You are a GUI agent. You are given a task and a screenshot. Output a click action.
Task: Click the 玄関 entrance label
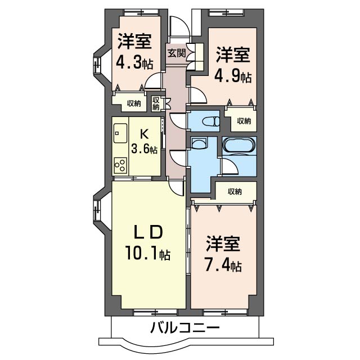176,53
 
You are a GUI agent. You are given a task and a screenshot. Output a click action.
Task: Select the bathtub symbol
239,146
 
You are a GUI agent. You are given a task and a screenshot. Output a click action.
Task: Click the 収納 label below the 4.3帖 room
133,103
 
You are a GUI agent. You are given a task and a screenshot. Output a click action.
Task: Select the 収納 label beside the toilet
244,120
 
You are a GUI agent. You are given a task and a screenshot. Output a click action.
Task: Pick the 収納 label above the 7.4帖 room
235,192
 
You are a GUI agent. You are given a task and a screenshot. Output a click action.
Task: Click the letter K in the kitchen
144,134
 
